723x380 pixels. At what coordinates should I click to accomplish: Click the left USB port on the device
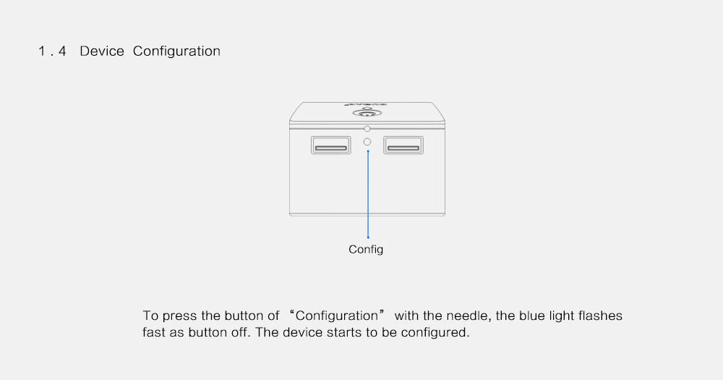pyautogui.click(x=330, y=145)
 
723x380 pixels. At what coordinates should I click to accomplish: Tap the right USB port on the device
pyautogui.click(x=403, y=145)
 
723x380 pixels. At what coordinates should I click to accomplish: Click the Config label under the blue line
pyautogui.click(x=366, y=250)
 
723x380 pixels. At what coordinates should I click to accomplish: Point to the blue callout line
pyautogui.click(x=368, y=194)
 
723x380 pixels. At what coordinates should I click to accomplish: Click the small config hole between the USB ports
pyautogui.click(x=367, y=142)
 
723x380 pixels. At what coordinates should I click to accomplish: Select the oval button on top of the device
pyautogui.click(x=367, y=113)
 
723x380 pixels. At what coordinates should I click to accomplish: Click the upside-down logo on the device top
pyautogui.click(x=366, y=104)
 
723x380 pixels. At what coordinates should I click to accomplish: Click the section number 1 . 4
pyautogui.click(x=52, y=51)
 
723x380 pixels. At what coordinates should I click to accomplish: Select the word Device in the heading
pyautogui.click(x=102, y=51)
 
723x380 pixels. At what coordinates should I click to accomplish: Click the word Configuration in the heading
pyautogui.click(x=176, y=51)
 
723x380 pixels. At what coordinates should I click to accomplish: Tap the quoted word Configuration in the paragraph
pyautogui.click(x=337, y=316)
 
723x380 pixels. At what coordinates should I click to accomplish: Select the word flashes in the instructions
pyautogui.click(x=600, y=316)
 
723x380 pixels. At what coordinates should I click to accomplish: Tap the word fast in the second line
pyautogui.click(x=153, y=332)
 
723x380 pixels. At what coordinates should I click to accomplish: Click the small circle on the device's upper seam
pyautogui.click(x=367, y=128)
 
